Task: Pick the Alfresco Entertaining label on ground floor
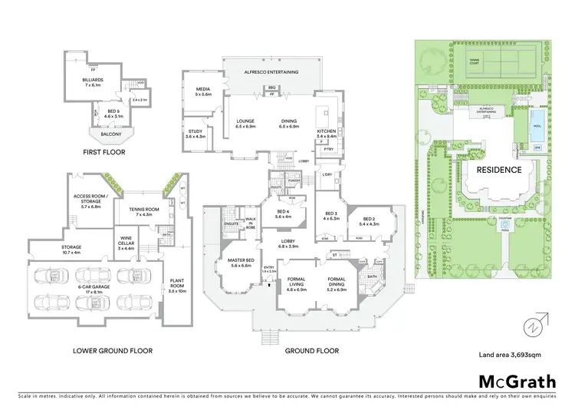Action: coord(272,71)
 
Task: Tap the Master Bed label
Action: coord(239,263)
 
